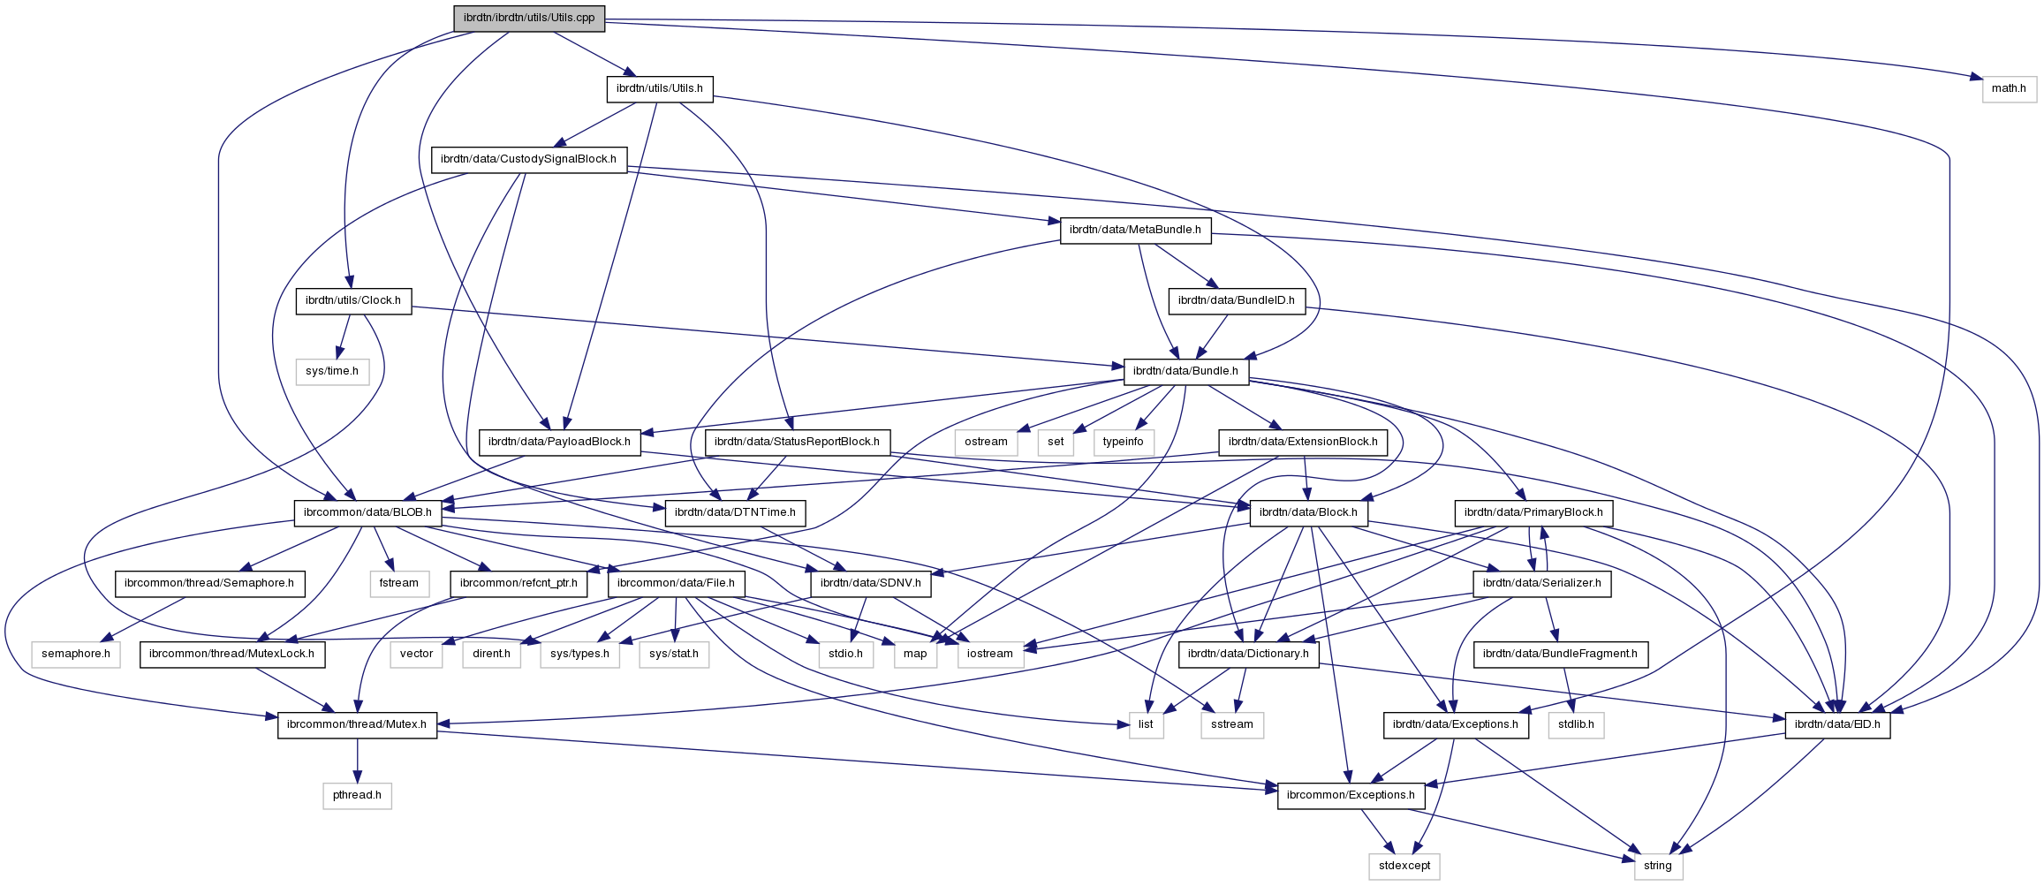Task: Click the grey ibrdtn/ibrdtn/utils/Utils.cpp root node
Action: click(529, 18)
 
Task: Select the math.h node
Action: click(2009, 88)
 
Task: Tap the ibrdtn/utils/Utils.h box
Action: click(659, 88)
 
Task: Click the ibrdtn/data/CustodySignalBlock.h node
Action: click(528, 159)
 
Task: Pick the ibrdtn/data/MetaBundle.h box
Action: click(1135, 230)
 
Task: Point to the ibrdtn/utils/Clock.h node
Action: click(352, 300)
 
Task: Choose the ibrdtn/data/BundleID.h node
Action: click(1236, 300)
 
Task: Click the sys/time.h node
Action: click(332, 371)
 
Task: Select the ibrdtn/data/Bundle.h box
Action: click(1185, 371)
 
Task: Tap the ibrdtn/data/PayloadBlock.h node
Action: click(559, 442)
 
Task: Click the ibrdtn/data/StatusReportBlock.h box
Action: click(797, 442)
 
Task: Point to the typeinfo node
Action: click(1123, 442)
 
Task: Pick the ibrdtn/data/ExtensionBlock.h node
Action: click(1303, 442)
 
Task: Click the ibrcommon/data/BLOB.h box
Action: click(367, 512)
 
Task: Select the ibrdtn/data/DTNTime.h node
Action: click(735, 512)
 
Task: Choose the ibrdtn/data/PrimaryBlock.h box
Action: click(1533, 512)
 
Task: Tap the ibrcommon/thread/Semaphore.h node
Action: click(209, 583)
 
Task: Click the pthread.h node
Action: click(357, 795)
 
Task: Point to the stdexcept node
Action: click(1404, 866)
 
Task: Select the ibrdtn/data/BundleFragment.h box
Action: click(1560, 654)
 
